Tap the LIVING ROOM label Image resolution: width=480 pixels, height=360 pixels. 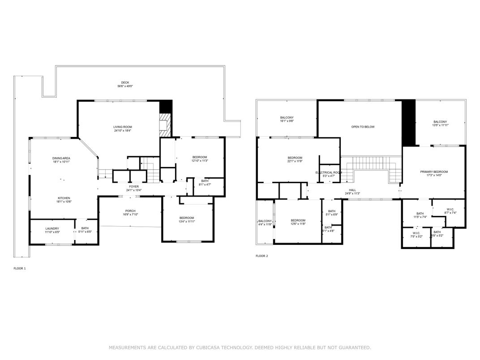coord(122,127)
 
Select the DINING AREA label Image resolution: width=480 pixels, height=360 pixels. coord(61,158)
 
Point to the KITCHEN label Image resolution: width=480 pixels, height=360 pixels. coord(63,198)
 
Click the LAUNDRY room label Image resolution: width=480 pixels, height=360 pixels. coord(52,228)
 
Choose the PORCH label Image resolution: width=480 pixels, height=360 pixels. coord(130,211)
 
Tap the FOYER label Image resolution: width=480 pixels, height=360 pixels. coord(134,187)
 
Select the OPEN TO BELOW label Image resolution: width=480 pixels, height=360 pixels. coord(362,127)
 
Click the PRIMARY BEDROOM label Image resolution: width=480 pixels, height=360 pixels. coord(433,172)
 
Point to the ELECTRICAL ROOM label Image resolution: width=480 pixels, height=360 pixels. coord(329,172)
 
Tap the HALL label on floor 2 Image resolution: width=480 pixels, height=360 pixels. coord(352,190)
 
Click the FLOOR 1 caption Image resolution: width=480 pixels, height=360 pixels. coord(20,268)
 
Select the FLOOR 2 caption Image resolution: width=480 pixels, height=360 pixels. coord(261,256)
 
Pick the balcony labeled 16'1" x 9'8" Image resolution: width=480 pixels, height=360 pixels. coord(287,119)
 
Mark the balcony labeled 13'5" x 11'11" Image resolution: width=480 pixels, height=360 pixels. coord(440,124)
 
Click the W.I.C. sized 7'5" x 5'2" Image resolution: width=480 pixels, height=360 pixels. coord(416,234)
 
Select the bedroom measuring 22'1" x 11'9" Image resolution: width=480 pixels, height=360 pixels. coord(295,159)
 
